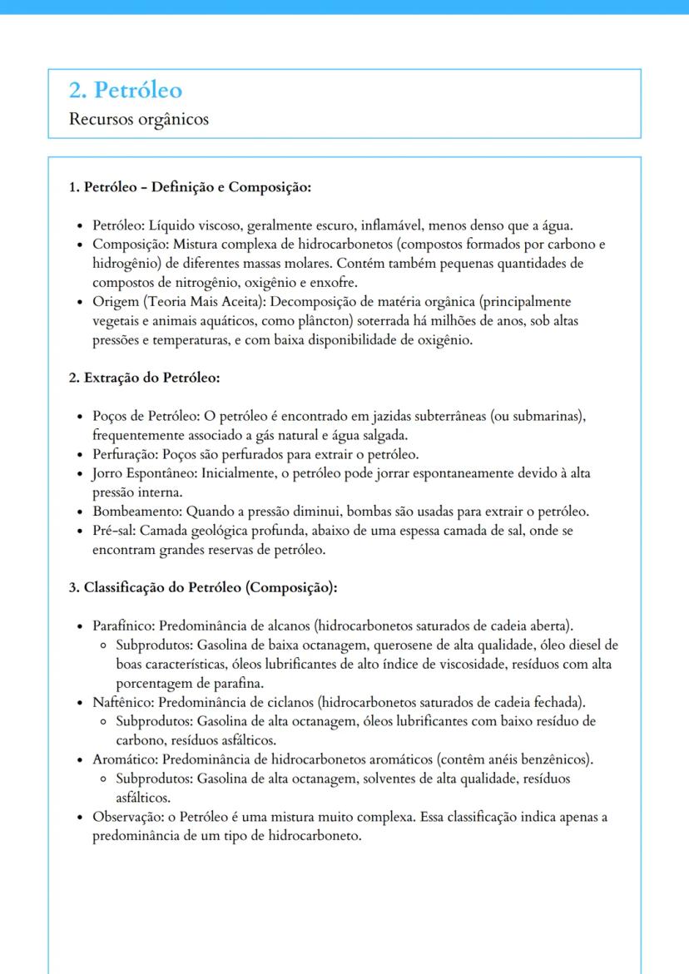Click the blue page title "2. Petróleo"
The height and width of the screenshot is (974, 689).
coord(126,90)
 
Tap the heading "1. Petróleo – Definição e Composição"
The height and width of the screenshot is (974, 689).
coord(189,187)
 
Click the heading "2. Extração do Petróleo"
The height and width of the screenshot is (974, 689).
coord(144,378)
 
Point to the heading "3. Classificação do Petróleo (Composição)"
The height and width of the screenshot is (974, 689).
coord(202,587)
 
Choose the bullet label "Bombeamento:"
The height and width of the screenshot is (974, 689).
coord(136,511)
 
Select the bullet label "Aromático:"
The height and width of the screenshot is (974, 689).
coord(126,759)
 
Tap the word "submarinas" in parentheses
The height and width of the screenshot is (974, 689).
coord(550,416)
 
